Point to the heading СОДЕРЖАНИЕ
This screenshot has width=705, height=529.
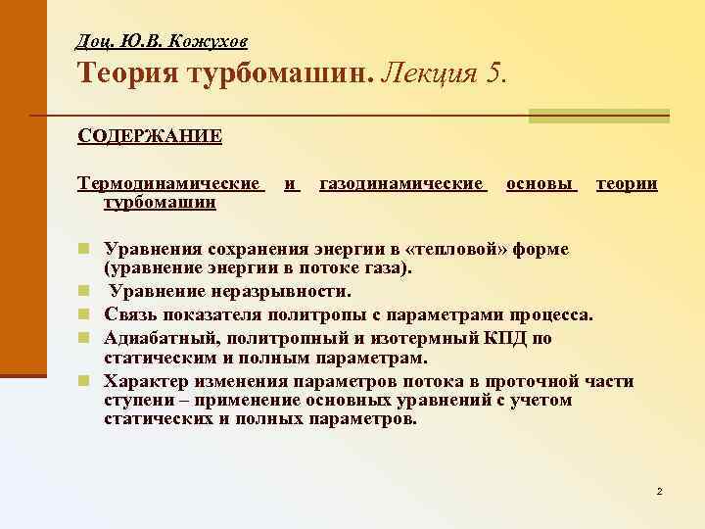(x=150, y=135)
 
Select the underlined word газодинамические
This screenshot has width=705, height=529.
(x=402, y=183)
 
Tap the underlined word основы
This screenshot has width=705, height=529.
(x=540, y=183)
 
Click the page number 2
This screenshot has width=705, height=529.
(x=660, y=489)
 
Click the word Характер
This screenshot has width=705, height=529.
(x=148, y=381)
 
